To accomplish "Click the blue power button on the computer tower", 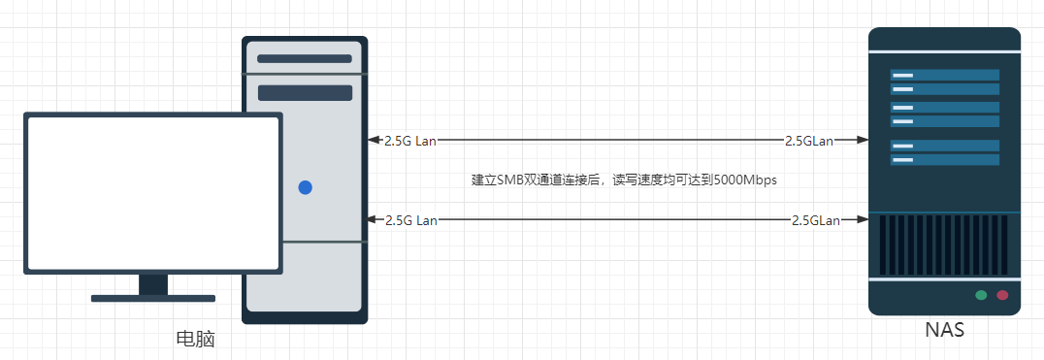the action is click(x=305, y=187).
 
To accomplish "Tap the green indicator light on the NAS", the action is click(x=981, y=295).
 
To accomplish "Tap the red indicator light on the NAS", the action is click(x=1002, y=295).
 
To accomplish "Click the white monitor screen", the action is click(x=153, y=192).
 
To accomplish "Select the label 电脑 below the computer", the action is click(x=196, y=339).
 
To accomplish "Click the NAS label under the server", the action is click(x=944, y=330).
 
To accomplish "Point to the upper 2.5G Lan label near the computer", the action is click(x=410, y=141).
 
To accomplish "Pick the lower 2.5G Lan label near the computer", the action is click(x=410, y=220).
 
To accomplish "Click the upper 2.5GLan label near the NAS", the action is click(x=809, y=141).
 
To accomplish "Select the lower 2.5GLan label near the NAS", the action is click(x=816, y=220).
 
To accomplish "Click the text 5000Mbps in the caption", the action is click(x=745, y=180).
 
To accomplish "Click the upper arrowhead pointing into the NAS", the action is click(x=863, y=140).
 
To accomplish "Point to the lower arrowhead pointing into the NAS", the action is click(x=863, y=219).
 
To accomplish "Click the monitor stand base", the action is click(x=153, y=298).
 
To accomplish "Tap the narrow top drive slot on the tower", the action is click(x=305, y=58).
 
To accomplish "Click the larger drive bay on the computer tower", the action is click(x=305, y=92).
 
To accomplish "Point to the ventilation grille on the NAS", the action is click(x=944, y=245).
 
